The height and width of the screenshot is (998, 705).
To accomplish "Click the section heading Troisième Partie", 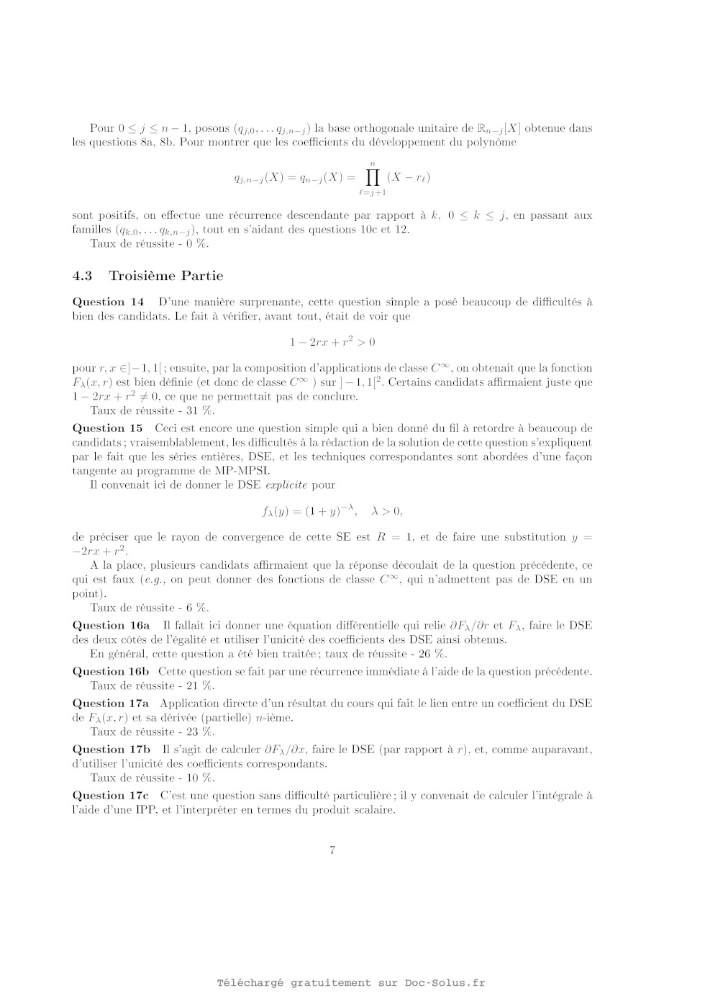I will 165,276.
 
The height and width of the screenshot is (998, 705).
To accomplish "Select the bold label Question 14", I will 108,302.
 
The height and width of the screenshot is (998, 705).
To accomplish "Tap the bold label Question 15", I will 108,428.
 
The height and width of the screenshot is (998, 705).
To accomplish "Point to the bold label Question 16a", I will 112,625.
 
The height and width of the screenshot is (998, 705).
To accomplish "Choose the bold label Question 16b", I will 112,671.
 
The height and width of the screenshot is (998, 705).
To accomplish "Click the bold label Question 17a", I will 112,703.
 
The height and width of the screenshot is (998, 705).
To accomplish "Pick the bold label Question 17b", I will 112,749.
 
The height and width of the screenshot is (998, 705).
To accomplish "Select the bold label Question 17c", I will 112,795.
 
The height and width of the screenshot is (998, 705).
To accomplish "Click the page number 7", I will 332,850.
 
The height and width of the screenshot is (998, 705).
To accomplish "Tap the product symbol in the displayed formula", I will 372,177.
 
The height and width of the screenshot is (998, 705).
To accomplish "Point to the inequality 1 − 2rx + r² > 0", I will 332,342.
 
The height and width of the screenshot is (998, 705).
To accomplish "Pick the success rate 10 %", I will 201,778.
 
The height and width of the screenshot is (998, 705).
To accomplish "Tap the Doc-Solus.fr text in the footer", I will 445,983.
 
